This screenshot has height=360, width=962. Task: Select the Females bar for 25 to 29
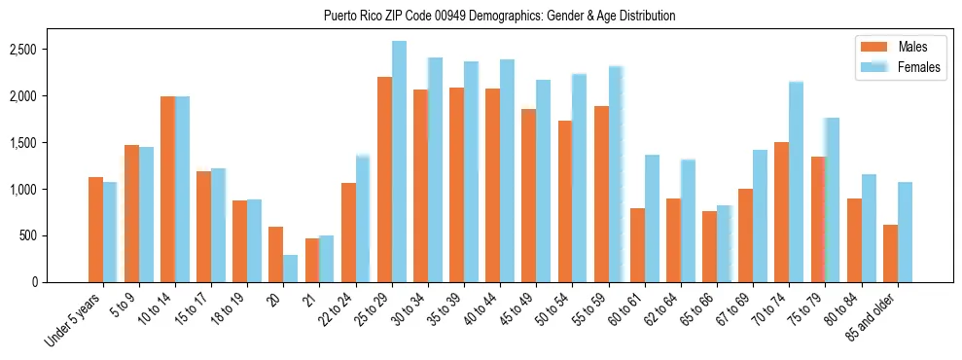(x=399, y=162)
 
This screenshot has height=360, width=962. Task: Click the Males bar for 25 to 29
(x=384, y=179)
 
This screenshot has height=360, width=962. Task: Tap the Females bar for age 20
(x=291, y=269)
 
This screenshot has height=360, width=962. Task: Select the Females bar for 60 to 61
(x=652, y=218)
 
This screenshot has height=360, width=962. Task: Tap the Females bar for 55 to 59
(x=616, y=174)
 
